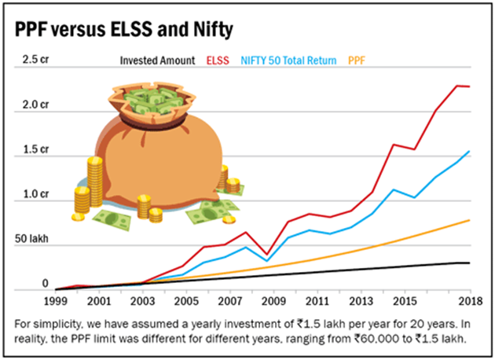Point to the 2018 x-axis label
tap(468, 301)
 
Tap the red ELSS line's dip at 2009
tap(268, 254)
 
